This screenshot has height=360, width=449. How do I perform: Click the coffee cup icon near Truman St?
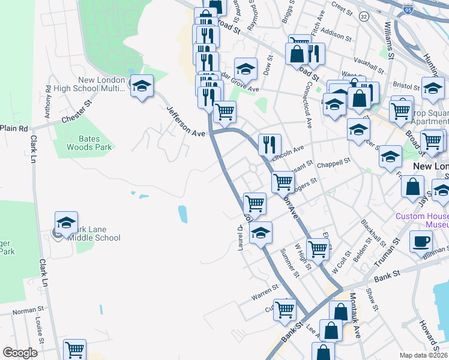421,241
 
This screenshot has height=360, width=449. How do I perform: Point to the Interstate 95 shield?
408,10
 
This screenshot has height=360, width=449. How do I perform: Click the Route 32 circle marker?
363,16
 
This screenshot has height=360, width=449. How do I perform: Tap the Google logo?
20,353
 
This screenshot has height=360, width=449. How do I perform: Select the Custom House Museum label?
422,220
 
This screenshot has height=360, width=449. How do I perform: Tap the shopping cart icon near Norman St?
75,349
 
